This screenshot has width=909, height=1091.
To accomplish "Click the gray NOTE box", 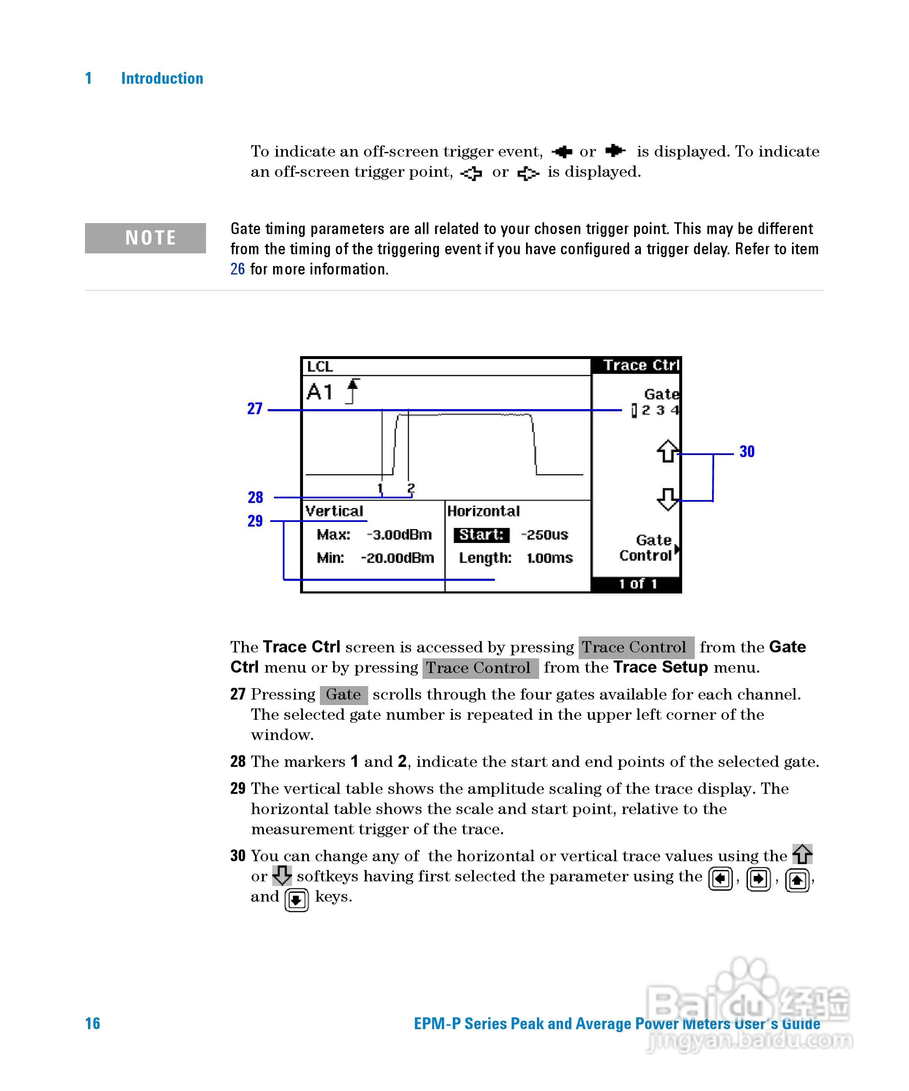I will coord(146,238).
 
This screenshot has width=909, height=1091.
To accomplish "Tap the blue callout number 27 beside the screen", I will coord(255,409).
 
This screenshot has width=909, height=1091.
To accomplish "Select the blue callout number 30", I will coord(747,452).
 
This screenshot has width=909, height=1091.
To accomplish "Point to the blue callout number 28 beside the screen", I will coord(255,498).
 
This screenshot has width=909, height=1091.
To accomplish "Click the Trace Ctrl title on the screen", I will coord(641,365).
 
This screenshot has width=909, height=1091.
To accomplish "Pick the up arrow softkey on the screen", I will coord(667,451).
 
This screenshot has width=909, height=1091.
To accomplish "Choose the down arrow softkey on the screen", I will coord(667,499).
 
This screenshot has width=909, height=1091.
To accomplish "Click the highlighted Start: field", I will coord(481,535).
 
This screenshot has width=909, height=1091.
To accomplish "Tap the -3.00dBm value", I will coord(399,535).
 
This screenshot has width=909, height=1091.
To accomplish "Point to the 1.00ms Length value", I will coord(549,558).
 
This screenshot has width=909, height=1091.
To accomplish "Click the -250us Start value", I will coord(545,535).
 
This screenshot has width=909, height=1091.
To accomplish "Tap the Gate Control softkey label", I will coord(647,548).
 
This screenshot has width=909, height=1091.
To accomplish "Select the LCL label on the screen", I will coord(319,367).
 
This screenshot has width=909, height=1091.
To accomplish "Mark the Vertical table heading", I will coord(334,511).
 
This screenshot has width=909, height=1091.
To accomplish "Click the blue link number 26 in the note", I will coord(237,269).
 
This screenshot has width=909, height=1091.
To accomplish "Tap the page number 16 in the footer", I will coord(93,1024).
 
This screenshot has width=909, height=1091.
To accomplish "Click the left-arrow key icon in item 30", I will coord(720,879).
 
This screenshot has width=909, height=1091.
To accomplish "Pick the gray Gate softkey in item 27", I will coord(343,695).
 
